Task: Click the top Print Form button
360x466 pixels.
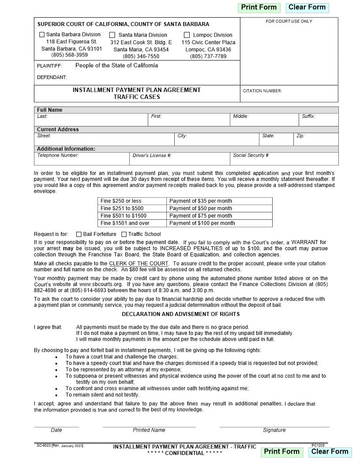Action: pyautogui.click(x=259, y=8)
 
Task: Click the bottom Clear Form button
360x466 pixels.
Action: pyautogui.click(x=330, y=451)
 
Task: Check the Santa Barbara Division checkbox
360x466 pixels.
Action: pyautogui.click(x=42, y=34)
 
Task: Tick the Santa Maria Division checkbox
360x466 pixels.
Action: pyautogui.click(x=112, y=35)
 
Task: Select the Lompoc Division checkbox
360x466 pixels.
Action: pyautogui.click(x=187, y=35)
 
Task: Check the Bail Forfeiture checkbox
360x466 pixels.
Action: pyautogui.click(x=79, y=234)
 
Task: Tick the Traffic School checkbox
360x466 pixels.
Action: pyautogui.click(x=124, y=234)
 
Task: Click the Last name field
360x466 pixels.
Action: pyautogui.click(x=91, y=121)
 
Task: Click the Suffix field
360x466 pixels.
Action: pyautogui.click(x=319, y=121)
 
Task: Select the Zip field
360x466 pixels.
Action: pyautogui.click(x=316, y=140)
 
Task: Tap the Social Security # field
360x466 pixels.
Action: pyautogui.click(x=285, y=160)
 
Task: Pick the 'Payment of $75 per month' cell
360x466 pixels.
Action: pyautogui.click(x=219, y=216)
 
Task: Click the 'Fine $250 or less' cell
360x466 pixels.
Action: pyautogui.click(x=132, y=201)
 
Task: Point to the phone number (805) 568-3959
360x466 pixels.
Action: pyautogui.click(x=70, y=55)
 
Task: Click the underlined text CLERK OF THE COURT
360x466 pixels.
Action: pyautogui.click(x=139, y=263)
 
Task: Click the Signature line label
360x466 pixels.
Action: pyautogui.click(x=274, y=430)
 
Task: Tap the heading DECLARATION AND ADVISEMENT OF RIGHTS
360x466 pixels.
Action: pyautogui.click(x=180, y=314)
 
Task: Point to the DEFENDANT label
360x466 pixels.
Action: pyautogui.click(x=52, y=78)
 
